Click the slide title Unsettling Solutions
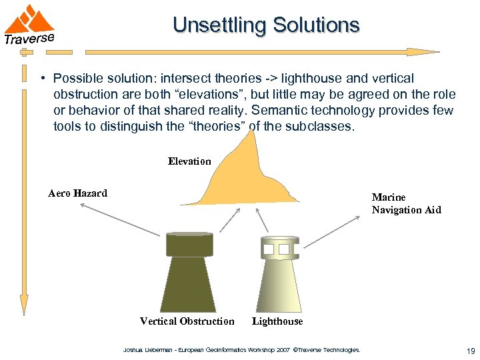(x=266, y=25)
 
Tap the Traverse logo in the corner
(x=29, y=25)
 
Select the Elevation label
(x=189, y=161)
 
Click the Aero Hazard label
(x=77, y=193)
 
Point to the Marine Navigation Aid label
(x=406, y=203)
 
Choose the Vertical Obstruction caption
(x=187, y=321)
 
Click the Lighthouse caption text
(x=277, y=321)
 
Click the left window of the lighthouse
(x=269, y=250)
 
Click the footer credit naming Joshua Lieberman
(x=241, y=349)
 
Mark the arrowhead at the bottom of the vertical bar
(x=25, y=305)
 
